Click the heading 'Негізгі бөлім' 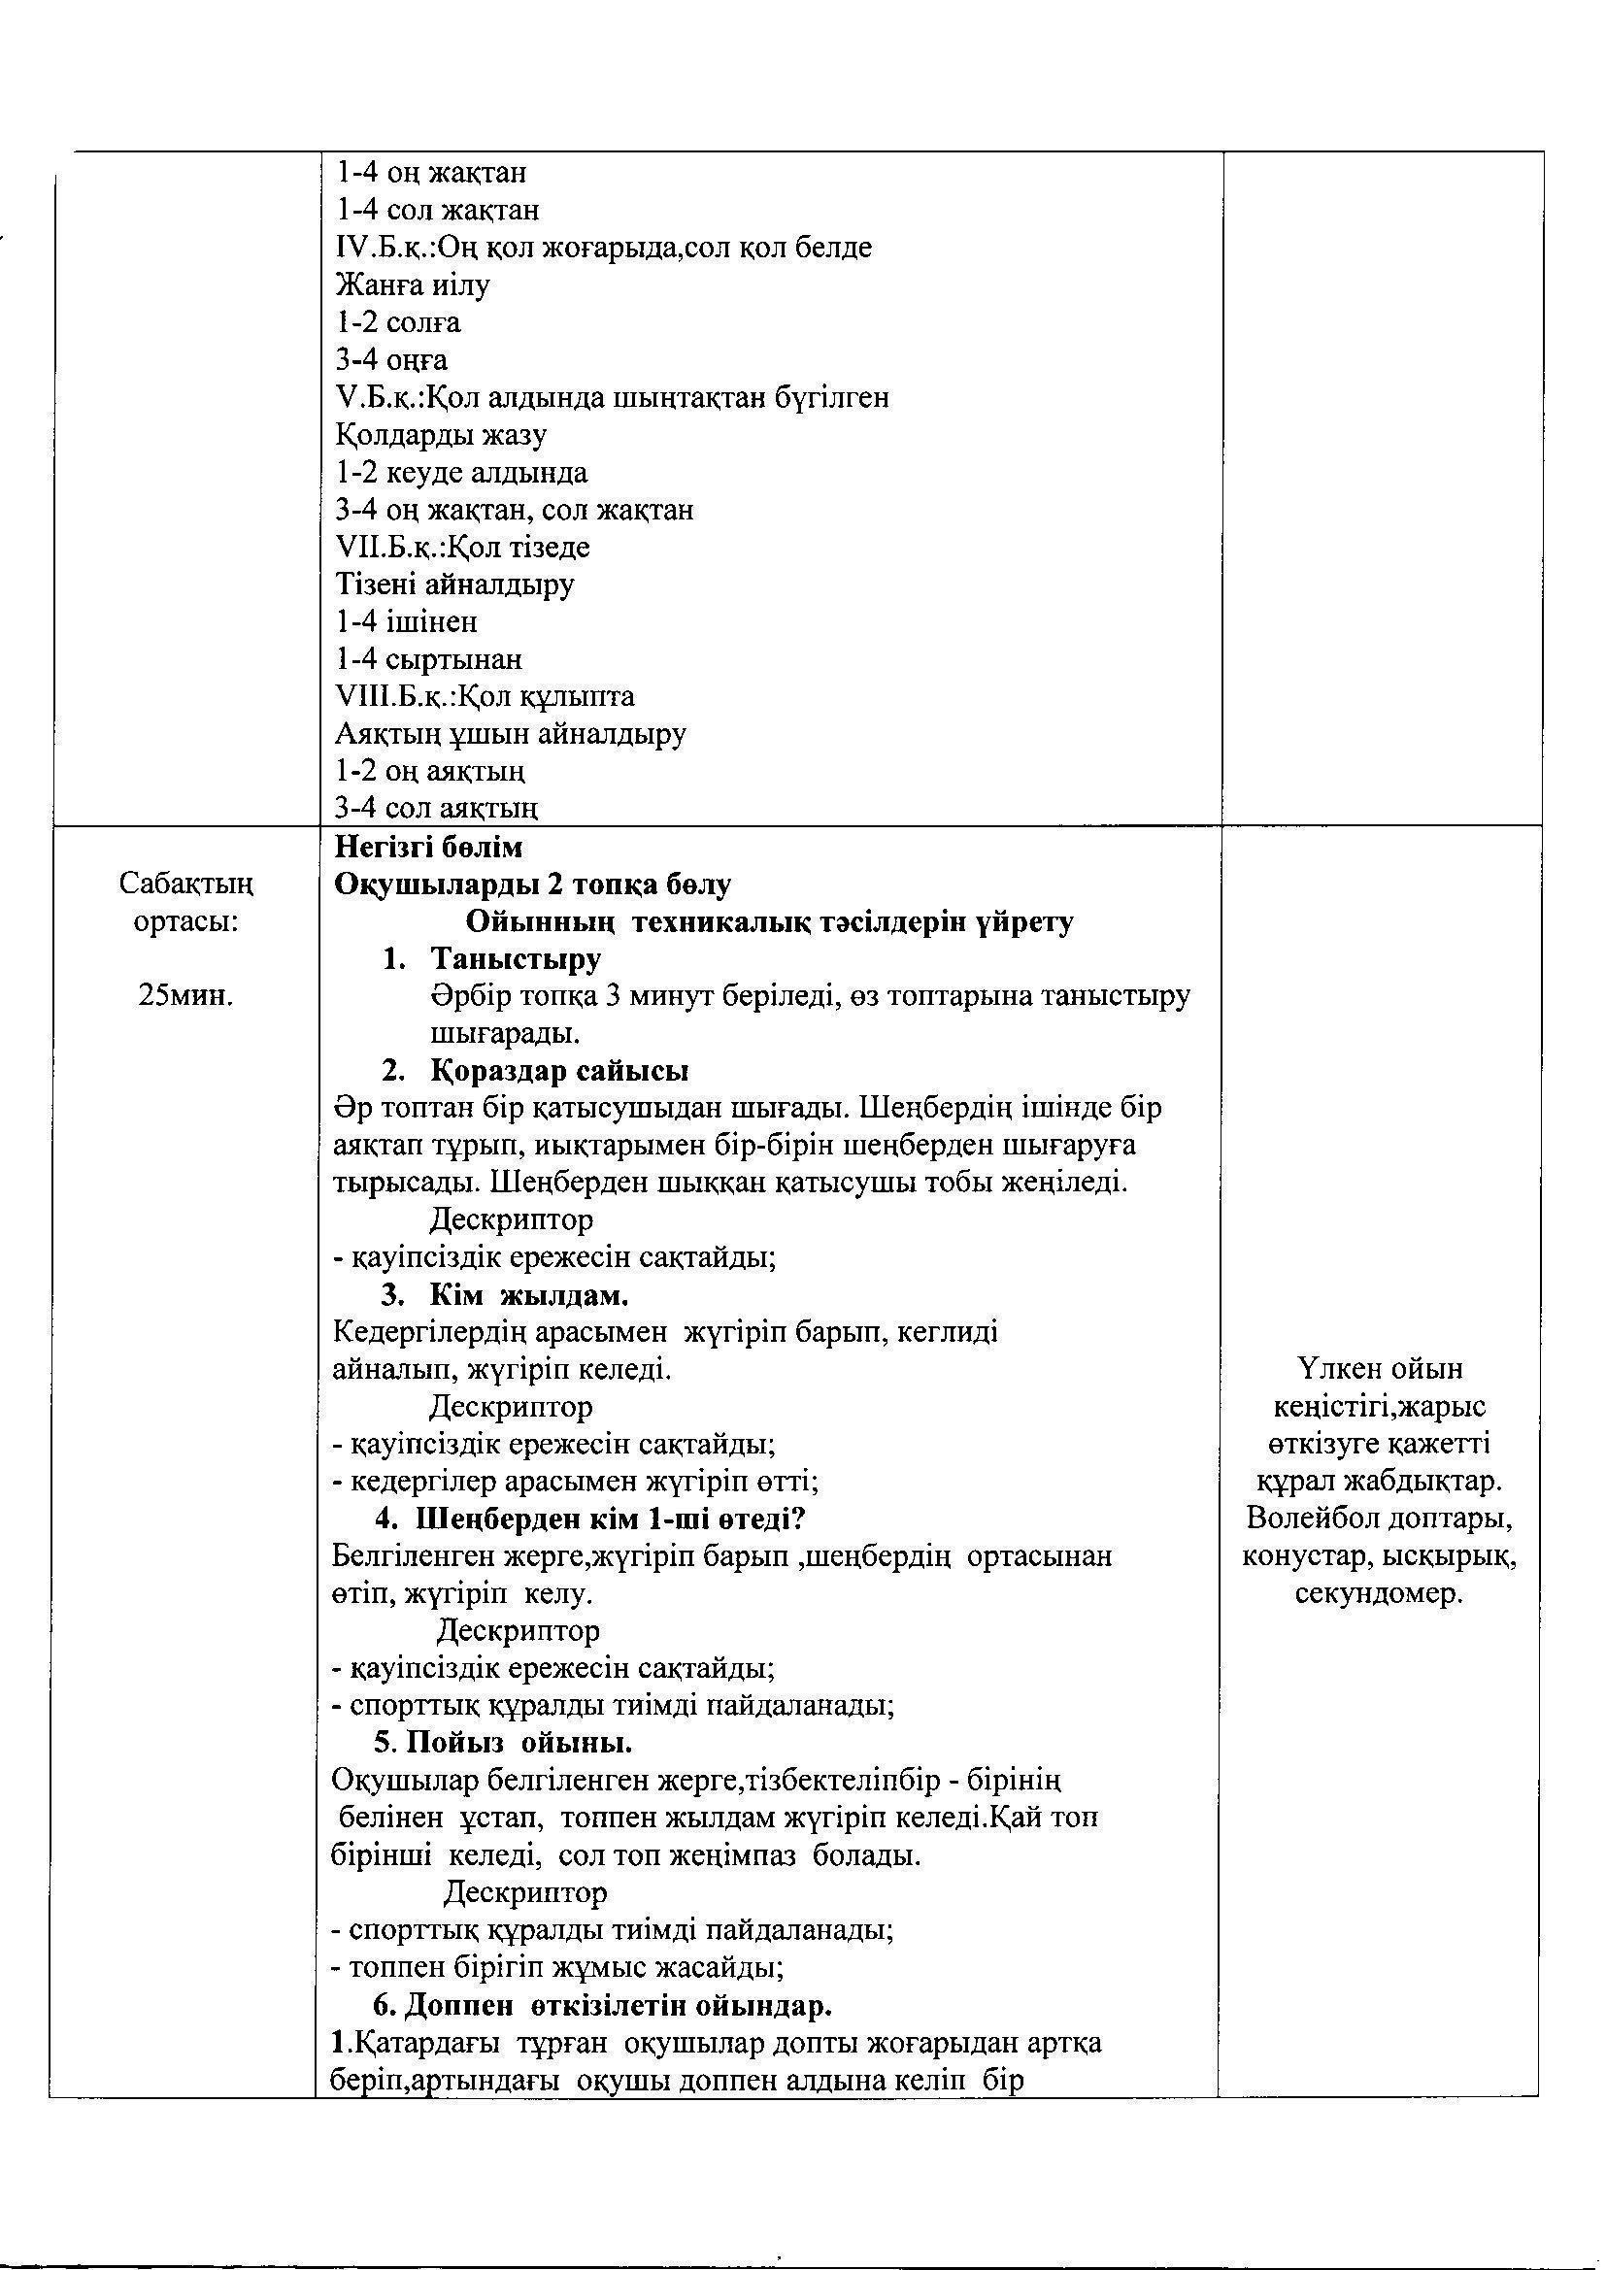428,848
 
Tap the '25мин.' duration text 185,994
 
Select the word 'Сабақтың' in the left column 185,882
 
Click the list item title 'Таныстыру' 516,959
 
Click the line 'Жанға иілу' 414,284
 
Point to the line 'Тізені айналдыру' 454,584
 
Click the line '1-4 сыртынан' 428,658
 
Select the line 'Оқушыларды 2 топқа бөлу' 532,884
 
